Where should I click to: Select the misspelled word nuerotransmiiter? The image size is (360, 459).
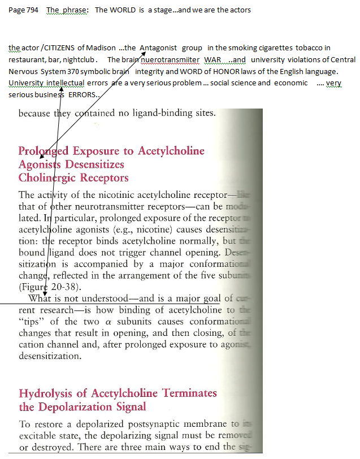[x=169, y=59]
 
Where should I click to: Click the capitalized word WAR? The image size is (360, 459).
[x=212, y=59]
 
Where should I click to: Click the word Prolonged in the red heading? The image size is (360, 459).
[x=45, y=151]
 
